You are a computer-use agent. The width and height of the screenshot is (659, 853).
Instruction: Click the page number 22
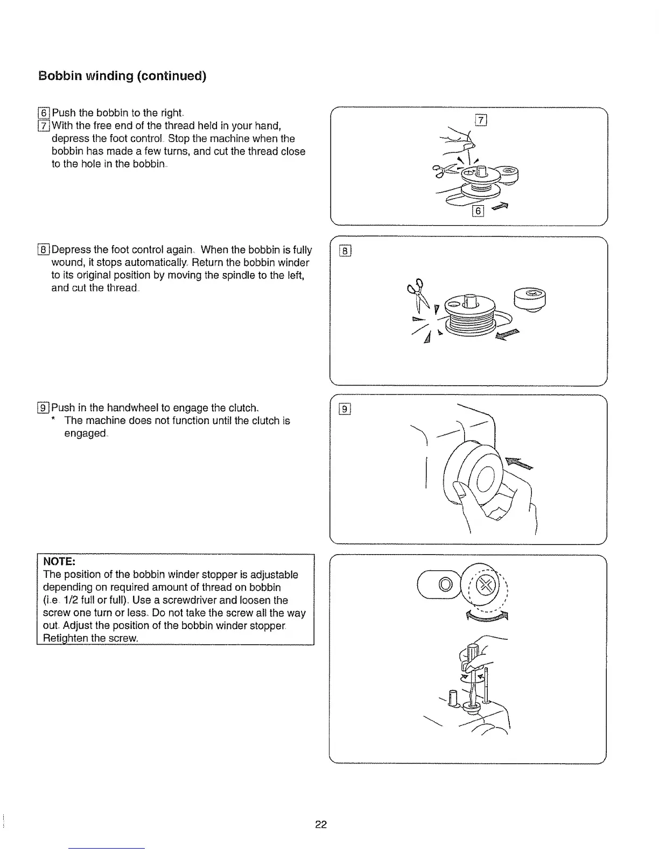tap(321, 824)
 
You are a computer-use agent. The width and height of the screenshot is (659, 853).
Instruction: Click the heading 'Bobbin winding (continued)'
tap(122, 75)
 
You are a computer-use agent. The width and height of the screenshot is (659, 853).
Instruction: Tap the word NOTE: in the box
tap(59, 562)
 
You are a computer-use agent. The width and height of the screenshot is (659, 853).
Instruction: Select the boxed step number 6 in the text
tap(44, 113)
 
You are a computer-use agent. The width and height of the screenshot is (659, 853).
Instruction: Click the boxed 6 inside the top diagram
tap(478, 211)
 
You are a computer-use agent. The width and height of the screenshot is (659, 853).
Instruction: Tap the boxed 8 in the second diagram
tap(346, 250)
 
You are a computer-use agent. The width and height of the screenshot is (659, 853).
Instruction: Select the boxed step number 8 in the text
tap(44, 250)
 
